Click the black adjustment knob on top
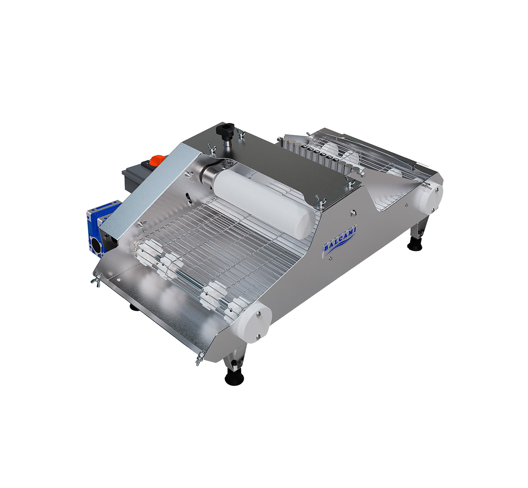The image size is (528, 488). pyautogui.click(x=225, y=129)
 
